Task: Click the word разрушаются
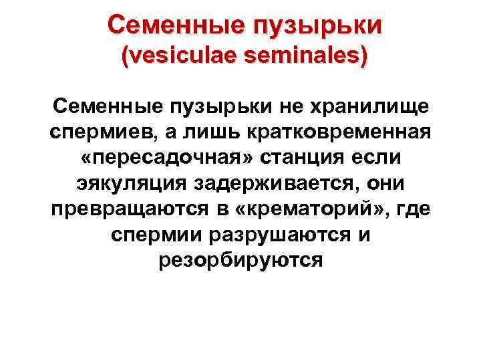(x=269, y=233)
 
